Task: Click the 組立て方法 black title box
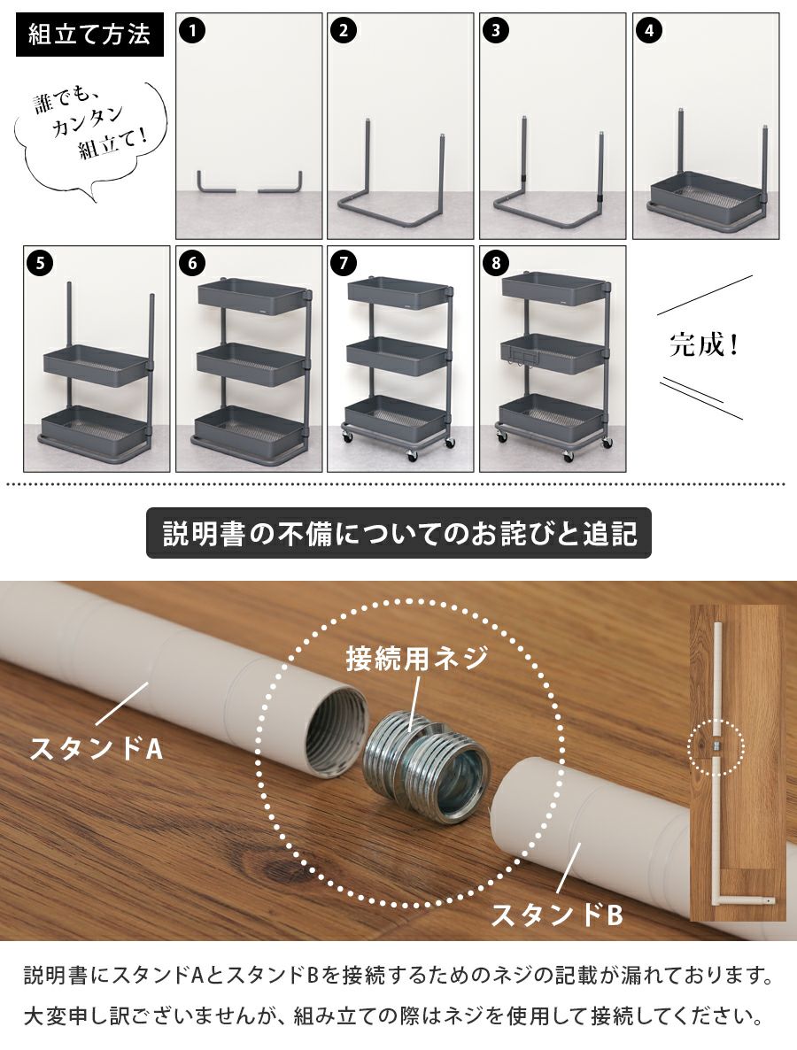pos(89,35)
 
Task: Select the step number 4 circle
pos(649,30)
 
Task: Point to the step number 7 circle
pos(344,263)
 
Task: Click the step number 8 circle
pos(496,263)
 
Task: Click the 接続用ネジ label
pos(416,660)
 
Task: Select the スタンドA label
pos(97,749)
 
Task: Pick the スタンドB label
pos(557,915)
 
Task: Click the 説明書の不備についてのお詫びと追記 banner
pos(398,535)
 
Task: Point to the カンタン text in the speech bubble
pos(87,122)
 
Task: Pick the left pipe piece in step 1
pos(215,182)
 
